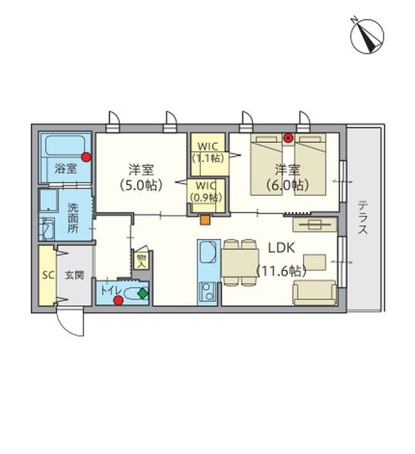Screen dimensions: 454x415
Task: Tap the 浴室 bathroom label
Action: (65, 169)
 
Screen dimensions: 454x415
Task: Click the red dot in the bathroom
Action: (87, 157)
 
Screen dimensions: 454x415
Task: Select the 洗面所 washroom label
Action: (73, 217)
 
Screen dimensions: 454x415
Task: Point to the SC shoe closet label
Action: (47, 275)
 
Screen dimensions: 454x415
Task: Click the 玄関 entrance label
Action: (73, 275)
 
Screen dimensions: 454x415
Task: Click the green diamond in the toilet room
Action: (142, 291)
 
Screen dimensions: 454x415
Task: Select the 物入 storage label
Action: (141, 259)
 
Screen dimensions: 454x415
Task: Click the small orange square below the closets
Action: (204, 221)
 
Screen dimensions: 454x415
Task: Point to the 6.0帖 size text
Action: (286, 184)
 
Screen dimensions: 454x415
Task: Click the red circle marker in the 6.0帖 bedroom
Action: (288, 138)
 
